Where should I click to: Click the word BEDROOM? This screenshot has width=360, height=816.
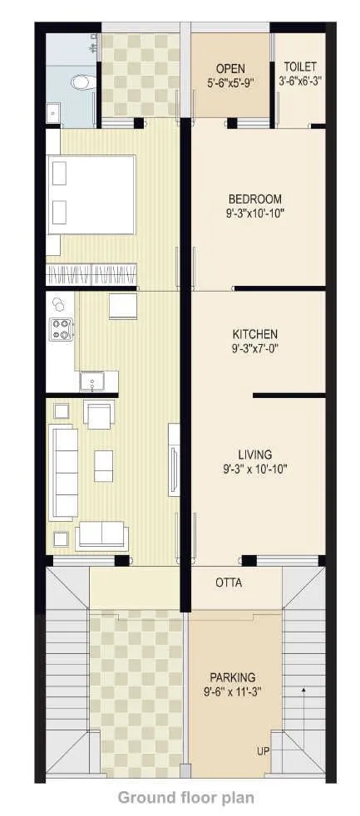point(255,199)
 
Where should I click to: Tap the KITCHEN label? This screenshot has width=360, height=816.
point(254,335)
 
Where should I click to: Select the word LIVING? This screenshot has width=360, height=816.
point(254,455)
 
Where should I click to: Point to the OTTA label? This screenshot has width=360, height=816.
point(229,583)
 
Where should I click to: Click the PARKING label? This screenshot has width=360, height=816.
point(232,677)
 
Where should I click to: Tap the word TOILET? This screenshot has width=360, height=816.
point(299,66)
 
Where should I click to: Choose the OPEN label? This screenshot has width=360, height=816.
point(230,67)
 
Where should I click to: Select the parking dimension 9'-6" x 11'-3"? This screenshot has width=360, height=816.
point(232,691)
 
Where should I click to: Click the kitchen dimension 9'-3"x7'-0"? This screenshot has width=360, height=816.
point(254,349)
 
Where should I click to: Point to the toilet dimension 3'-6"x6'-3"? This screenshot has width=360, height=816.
point(299,81)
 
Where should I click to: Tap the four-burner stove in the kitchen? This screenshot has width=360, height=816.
point(62,329)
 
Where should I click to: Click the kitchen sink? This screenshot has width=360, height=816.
point(91,381)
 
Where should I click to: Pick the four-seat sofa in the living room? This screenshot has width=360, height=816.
point(63,472)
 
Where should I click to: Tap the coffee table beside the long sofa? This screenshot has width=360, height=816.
point(104,465)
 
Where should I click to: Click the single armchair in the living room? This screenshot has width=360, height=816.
point(100,414)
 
